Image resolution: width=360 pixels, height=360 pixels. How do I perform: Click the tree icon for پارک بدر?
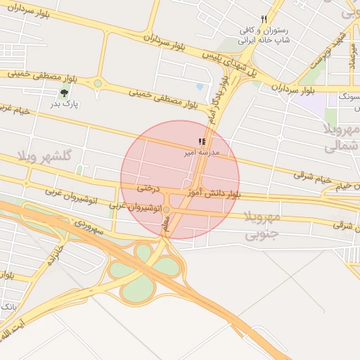click(65, 92)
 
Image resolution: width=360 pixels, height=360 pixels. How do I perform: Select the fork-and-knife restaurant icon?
click(264, 20)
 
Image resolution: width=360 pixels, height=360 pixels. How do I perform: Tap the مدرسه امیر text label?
click(202, 152)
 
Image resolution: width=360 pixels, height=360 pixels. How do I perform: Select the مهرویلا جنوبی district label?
click(262, 225)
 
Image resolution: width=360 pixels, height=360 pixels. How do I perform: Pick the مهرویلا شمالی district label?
click(341, 138)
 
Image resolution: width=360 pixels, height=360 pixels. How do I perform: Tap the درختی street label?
click(148, 188)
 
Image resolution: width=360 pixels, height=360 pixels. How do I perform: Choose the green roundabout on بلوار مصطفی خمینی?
click(98, 83)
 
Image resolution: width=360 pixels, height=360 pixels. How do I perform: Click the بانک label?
click(8, 307)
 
